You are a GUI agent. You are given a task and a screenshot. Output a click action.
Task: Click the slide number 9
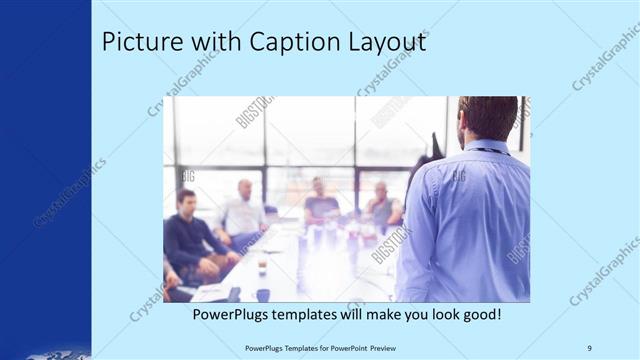click(589, 347)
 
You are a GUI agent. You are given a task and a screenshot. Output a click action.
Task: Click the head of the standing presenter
click(488, 117)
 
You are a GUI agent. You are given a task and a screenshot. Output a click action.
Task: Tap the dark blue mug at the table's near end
click(263, 294)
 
